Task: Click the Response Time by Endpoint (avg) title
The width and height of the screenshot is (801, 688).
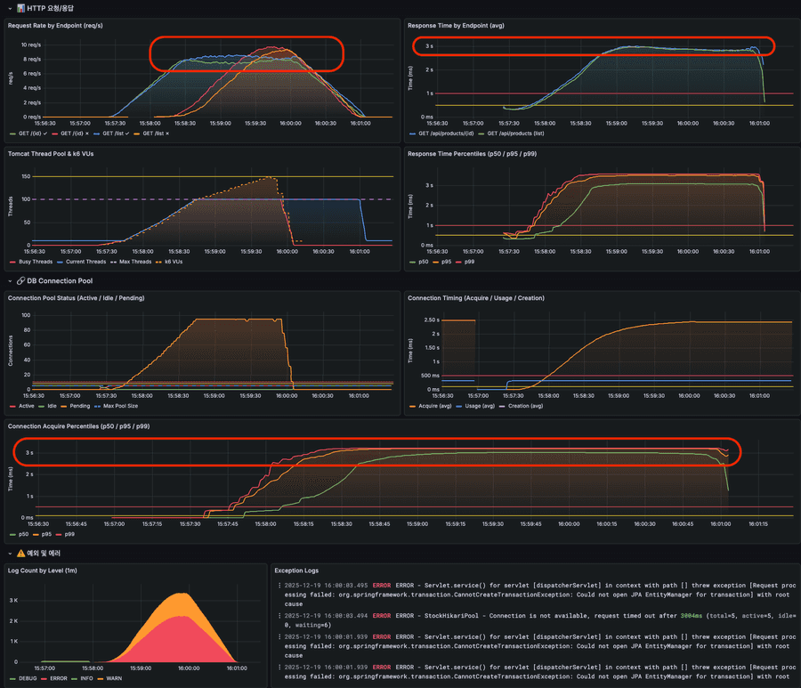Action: (x=456, y=25)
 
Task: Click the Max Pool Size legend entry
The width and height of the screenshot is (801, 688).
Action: (x=125, y=407)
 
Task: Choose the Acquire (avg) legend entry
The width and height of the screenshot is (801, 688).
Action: (x=433, y=407)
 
